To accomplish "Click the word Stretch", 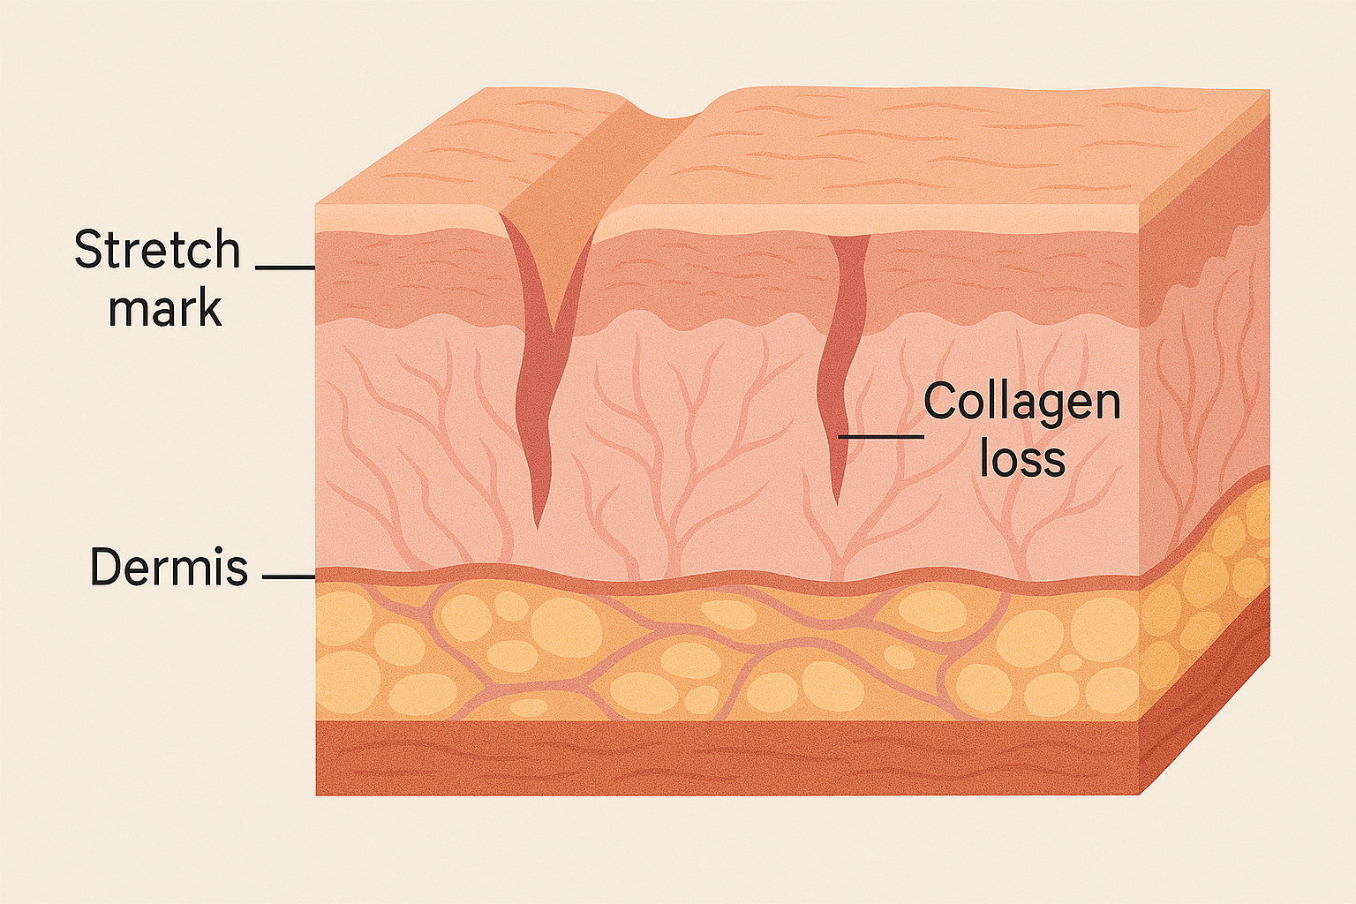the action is tap(157, 249).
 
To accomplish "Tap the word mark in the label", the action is tap(165, 307).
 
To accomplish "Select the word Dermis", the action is tap(169, 566).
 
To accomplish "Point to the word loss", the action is tap(1021, 458).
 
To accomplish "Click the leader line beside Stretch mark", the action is tap(285, 267).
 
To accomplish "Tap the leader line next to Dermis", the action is tap(289, 577).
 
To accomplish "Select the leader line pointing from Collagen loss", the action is tap(881, 436).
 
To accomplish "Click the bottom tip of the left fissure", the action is tap(537, 527).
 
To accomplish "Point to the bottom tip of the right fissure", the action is tap(837, 504).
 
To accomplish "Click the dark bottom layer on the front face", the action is tap(727, 757).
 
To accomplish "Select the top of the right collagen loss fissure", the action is tap(848, 237).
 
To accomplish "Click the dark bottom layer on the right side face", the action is tap(1205, 697).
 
